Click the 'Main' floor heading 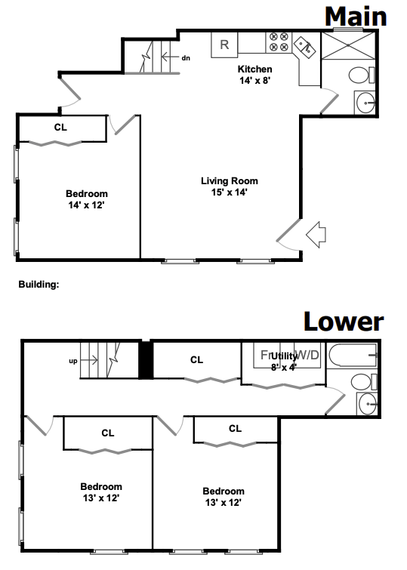click(x=356, y=16)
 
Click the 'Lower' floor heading click(x=344, y=322)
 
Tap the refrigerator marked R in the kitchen click(x=224, y=45)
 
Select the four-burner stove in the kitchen click(x=278, y=42)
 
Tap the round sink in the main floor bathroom click(x=365, y=101)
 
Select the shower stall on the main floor click(x=347, y=45)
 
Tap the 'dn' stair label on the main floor click(x=186, y=57)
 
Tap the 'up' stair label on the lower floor click(x=72, y=361)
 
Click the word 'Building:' click(x=38, y=285)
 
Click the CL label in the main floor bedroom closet click(x=60, y=128)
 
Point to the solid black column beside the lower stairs click(x=146, y=360)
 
